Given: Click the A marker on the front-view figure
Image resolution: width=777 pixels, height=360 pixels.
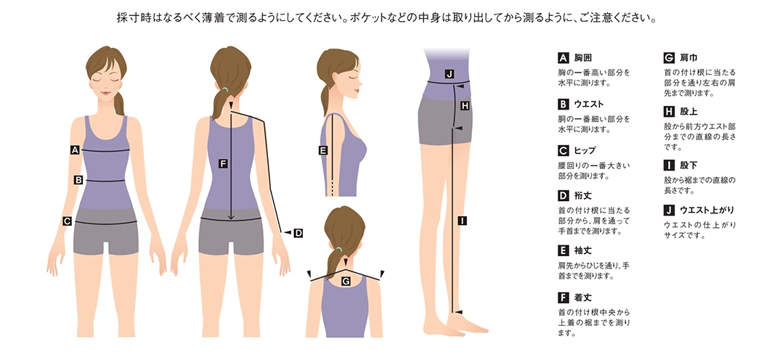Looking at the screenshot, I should [x=74, y=150].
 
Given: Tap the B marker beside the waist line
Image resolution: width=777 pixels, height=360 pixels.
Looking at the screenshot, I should [x=78, y=179].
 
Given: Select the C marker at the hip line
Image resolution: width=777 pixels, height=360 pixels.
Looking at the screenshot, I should [x=66, y=221].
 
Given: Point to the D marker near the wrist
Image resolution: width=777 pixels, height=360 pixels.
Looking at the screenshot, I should [x=298, y=233].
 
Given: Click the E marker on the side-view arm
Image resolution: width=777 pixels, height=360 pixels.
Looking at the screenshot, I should [x=323, y=151].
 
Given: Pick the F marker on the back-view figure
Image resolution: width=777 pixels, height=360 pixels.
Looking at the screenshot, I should [x=223, y=163].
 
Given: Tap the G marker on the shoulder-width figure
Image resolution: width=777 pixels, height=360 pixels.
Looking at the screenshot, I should [x=346, y=280].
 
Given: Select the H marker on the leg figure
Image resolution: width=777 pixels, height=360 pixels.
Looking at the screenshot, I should [x=465, y=105].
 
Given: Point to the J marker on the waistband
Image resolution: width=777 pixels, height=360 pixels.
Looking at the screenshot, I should [x=449, y=74].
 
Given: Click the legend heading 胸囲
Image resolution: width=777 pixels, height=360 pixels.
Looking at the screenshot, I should [x=582, y=57].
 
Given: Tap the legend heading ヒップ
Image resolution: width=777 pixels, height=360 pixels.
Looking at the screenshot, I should [x=585, y=150].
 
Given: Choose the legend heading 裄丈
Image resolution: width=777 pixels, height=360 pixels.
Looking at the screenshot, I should [x=582, y=195].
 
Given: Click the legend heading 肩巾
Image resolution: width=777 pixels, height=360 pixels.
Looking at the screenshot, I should [x=688, y=57].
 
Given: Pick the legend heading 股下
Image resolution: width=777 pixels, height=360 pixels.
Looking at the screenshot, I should [x=688, y=165].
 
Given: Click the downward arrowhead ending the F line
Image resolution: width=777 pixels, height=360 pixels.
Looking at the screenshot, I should [x=231, y=216].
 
